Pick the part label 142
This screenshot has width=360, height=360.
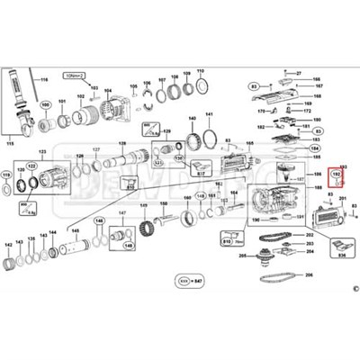9,244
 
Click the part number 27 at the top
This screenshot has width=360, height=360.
299,72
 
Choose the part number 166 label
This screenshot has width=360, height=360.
317,80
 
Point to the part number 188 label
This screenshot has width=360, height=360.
316,194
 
